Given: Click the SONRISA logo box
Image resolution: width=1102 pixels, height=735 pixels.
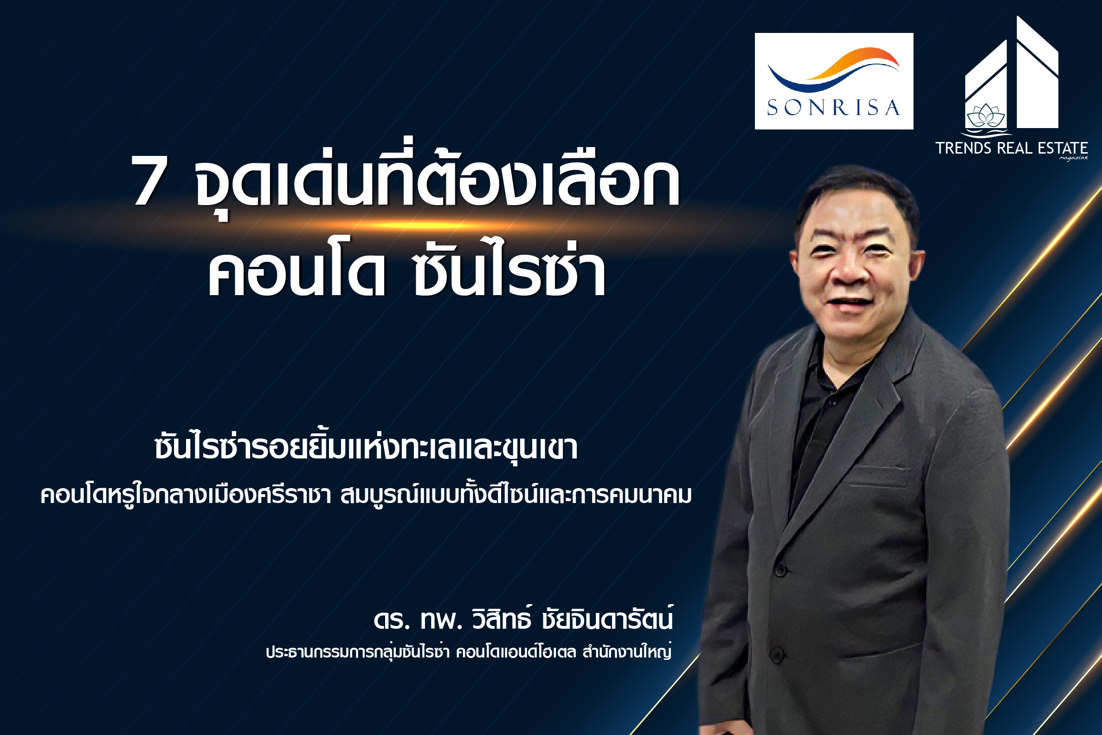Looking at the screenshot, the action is pos(834,81).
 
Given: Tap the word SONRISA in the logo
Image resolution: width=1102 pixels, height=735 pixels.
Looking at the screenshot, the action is pos(833,108).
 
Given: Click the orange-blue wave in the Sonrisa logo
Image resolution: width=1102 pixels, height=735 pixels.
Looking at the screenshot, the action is pos(833,70).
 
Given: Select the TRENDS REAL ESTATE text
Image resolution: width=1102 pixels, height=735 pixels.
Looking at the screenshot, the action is pos(1012,148).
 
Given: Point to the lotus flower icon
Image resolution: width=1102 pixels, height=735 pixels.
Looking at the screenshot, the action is pos(986,116).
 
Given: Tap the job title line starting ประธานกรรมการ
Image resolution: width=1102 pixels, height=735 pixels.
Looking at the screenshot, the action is pos(469,652).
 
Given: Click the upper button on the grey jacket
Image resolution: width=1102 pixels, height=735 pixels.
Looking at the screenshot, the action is pos(780,570).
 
